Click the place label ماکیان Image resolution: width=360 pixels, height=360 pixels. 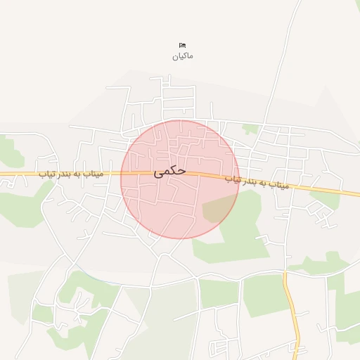tap(182, 56)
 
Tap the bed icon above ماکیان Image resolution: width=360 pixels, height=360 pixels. tap(183, 46)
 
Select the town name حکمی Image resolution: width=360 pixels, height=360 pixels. tap(170, 171)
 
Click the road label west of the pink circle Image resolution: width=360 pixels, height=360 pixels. tap(70, 172)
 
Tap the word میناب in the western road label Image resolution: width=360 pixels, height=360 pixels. tap(92, 172)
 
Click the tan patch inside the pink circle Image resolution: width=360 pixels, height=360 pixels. tap(219, 210)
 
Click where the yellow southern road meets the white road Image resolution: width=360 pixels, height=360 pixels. tap(285, 272)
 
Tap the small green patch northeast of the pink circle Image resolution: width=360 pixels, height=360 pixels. tap(250, 129)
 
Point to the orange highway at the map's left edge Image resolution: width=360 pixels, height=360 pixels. tap(6, 173)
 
